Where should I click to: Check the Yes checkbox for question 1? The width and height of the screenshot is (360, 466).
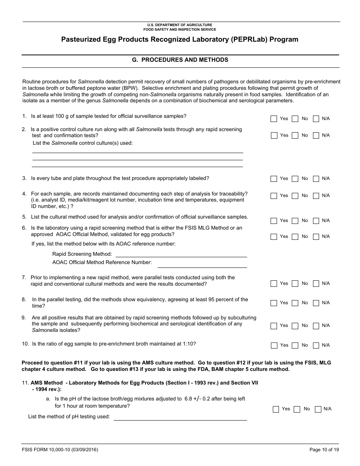[x=274, y=119]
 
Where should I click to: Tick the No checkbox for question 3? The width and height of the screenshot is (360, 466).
[x=295, y=179]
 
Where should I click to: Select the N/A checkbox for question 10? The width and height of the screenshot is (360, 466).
[x=316, y=346]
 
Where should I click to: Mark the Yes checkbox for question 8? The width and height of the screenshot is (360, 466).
[x=274, y=303]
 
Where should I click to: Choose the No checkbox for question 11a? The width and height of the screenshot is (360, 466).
[x=297, y=409]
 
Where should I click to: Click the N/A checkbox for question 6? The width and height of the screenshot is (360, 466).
[x=316, y=237]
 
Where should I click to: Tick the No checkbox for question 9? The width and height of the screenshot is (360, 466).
[x=295, y=326]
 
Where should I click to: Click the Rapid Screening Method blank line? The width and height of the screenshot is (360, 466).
[x=181, y=255]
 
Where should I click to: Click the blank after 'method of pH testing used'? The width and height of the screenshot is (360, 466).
[x=180, y=418]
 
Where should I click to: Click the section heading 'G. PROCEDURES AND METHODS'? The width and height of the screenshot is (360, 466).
[x=180, y=60]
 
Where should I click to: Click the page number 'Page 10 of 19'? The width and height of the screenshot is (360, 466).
[x=324, y=450]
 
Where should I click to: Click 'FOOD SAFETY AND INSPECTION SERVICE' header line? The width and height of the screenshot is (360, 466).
[x=180, y=29]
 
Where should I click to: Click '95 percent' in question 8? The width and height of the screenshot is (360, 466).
[x=222, y=299]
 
